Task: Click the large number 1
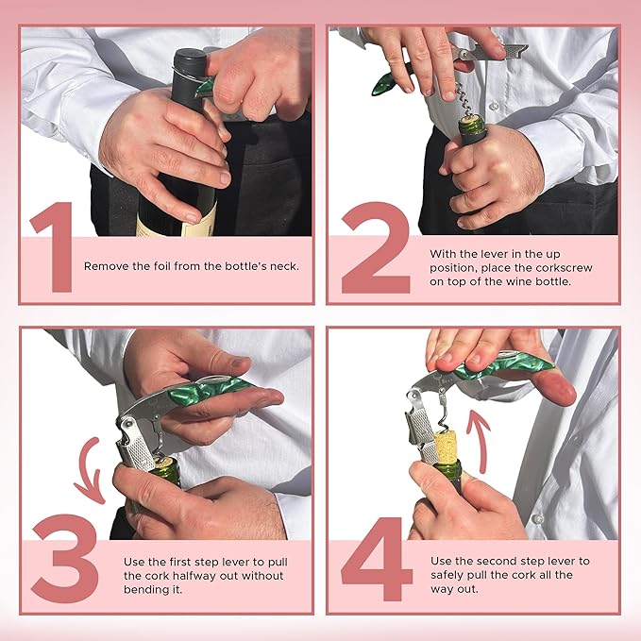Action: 52,250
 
